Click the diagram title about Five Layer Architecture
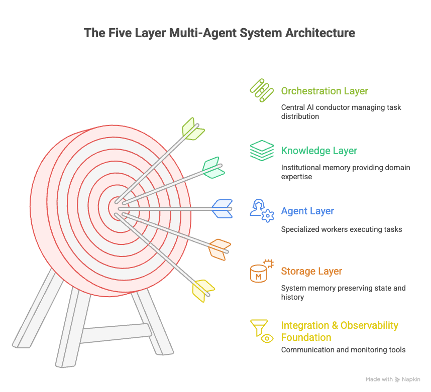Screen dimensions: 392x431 (x=219, y=33)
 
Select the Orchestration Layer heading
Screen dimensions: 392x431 (x=324, y=91)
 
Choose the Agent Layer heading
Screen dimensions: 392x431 (x=307, y=211)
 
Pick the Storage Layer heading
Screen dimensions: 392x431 (x=311, y=272)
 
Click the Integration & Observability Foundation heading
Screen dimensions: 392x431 (x=339, y=331)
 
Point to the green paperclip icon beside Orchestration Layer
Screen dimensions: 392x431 (x=261, y=91)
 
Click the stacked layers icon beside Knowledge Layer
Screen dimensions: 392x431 (x=262, y=151)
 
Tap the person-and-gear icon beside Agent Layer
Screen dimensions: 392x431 (x=262, y=211)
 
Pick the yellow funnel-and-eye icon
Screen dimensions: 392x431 (x=262, y=331)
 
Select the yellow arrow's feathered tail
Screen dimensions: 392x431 (x=203, y=290)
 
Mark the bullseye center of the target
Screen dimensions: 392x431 (x=117, y=207)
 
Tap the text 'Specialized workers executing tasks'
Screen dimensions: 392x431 (x=341, y=229)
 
